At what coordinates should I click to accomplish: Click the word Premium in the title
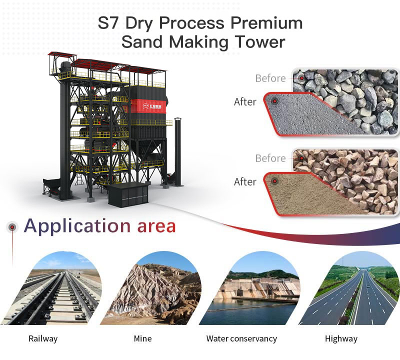(266, 23)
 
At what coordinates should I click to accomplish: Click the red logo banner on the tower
(148, 106)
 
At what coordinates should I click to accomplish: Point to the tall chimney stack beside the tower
(178, 151)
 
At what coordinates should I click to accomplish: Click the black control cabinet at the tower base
(128, 194)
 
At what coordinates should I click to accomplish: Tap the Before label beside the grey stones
(270, 78)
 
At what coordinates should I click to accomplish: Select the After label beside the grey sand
(245, 102)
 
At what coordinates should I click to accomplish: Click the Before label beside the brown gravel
(270, 158)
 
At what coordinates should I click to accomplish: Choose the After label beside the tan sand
(245, 182)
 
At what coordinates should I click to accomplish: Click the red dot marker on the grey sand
(274, 101)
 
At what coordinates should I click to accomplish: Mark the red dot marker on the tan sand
(274, 181)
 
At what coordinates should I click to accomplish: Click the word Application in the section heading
(77, 226)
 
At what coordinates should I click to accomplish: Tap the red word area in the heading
(156, 227)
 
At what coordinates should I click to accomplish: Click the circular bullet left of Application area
(12, 227)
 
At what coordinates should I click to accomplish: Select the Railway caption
(43, 339)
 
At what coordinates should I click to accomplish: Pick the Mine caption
(142, 338)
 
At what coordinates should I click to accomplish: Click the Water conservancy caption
(241, 339)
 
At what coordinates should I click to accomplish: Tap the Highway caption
(341, 339)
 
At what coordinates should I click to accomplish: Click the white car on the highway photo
(368, 287)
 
